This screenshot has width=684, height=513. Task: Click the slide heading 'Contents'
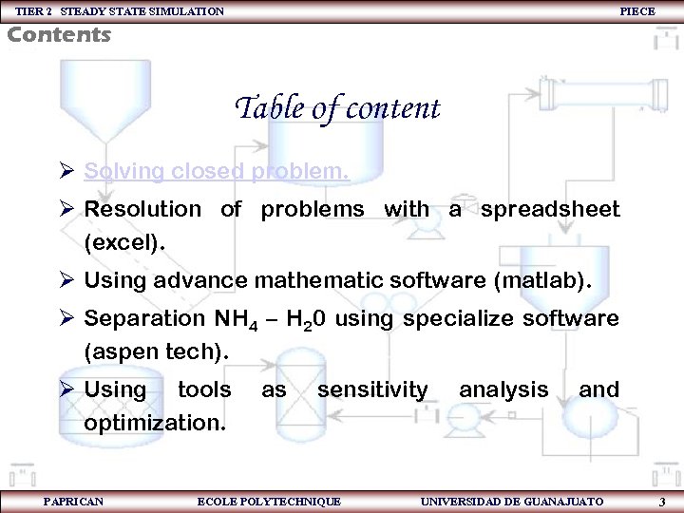tap(59, 35)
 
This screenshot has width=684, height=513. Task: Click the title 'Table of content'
tap(337, 108)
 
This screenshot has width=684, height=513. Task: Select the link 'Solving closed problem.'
tap(217, 171)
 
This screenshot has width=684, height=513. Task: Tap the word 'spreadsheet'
tap(549, 209)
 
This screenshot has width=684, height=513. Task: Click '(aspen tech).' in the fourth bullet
tap(157, 351)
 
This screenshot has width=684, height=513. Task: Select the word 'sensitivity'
tap(372, 389)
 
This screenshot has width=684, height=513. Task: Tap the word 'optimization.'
tap(155, 422)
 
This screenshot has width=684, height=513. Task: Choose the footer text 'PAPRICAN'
tap(74, 501)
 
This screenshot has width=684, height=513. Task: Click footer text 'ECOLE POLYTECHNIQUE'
tap(268, 501)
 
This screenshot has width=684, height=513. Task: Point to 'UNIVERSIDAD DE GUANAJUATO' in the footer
tap(511, 501)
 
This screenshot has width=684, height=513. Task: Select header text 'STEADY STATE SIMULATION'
tap(142, 10)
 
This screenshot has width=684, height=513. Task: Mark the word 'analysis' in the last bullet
tap(503, 389)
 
